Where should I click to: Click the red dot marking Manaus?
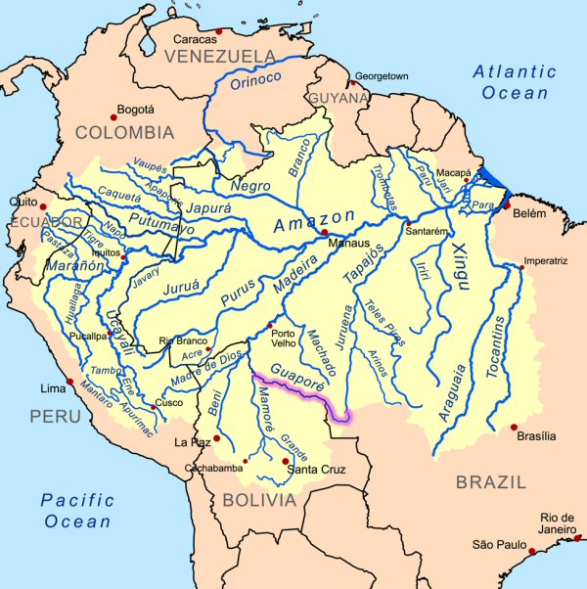[x=324, y=233]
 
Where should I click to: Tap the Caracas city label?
[x=195, y=39]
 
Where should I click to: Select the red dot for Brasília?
[x=515, y=427]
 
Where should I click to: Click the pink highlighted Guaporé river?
[x=293, y=389]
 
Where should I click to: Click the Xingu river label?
[x=456, y=264]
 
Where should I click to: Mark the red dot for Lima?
[x=68, y=382]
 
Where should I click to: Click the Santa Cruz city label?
[x=311, y=472]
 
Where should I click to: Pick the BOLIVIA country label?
[x=258, y=500]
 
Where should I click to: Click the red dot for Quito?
[x=44, y=206]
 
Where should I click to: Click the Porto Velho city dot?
[x=270, y=325]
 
